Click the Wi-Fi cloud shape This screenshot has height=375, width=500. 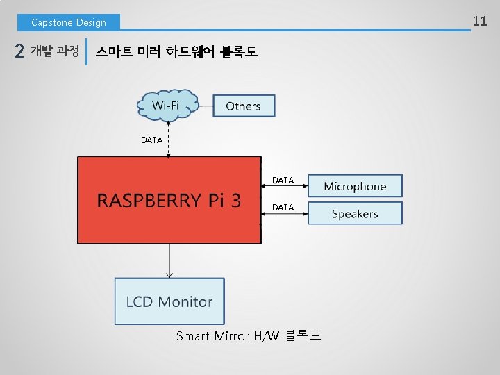[x=167, y=106]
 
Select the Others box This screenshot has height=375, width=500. [x=243, y=106]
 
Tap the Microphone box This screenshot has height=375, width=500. [x=355, y=186]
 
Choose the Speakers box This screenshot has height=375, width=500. [x=355, y=213]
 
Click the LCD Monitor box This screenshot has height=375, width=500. [x=169, y=301]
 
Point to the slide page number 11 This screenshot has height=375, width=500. [x=480, y=21]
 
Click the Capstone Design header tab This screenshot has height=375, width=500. [x=69, y=22]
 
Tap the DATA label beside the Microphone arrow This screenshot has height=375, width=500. [x=283, y=180]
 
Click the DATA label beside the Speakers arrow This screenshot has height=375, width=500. [x=283, y=207]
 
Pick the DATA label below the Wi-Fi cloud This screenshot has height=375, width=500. [x=151, y=140]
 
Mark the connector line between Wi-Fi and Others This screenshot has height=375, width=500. [x=206, y=106]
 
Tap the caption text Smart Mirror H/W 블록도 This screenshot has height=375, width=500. [x=248, y=336]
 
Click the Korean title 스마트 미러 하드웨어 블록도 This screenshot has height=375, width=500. [x=176, y=51]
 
